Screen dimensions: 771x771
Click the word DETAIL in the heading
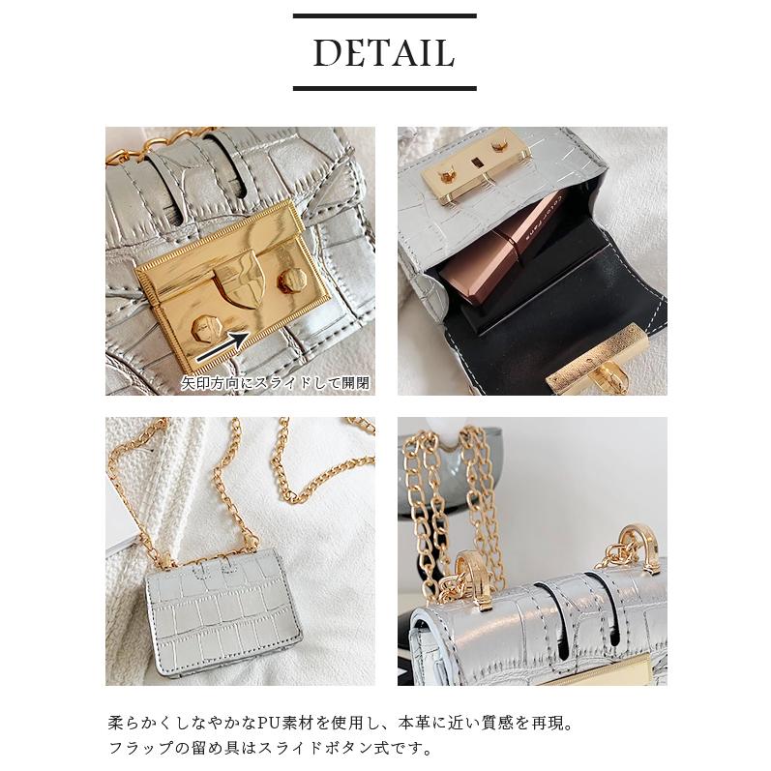pos(384,53)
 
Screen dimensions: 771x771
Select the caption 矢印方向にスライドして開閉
pos(276,384)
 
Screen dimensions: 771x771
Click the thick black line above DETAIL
pos(384,16)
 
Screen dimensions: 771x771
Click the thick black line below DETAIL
pos(384,88)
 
